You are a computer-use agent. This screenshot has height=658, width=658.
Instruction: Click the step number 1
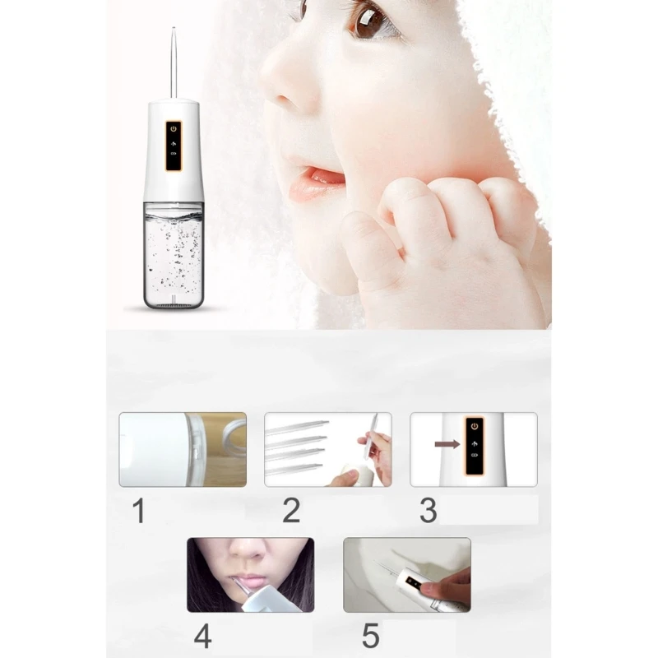coord(138,511)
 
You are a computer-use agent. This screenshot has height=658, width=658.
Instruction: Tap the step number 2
coord(290,511)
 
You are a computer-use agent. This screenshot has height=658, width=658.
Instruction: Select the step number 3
coord(428,511)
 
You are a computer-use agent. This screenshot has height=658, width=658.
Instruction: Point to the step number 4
coord(203,636)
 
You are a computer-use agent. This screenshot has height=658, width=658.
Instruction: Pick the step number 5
coord(370,636)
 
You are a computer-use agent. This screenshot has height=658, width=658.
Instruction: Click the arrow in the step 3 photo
coord(447,444)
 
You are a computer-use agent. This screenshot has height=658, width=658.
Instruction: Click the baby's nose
coord(293,90)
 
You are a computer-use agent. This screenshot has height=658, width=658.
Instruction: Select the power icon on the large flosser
coord(174,129)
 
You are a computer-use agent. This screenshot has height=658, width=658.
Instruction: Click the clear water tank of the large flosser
coord(174,255)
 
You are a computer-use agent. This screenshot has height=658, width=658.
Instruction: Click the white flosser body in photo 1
coord(152,449)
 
